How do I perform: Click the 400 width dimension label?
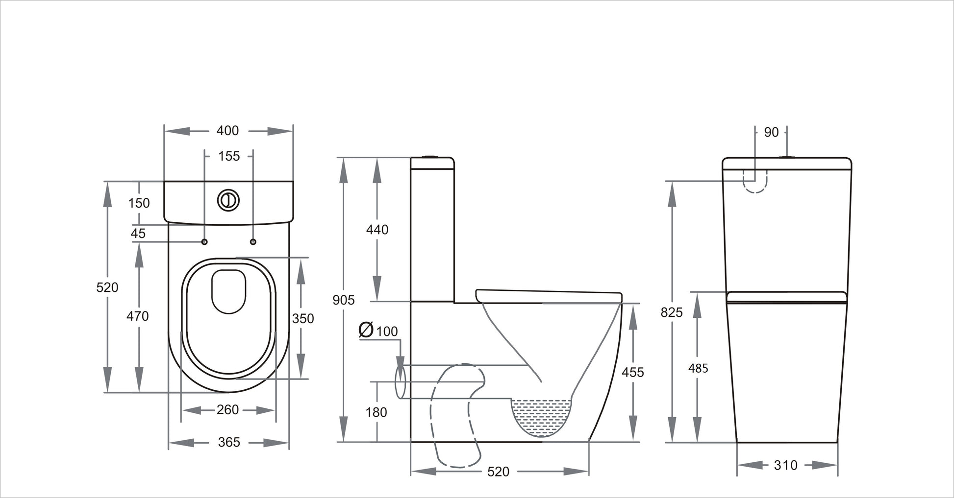pyautogui.click(x=227, y=131)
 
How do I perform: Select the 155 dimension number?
pyautogui.click(x=229, y=156)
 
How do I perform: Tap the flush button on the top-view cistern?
pyautogui.click(x=228, y=200)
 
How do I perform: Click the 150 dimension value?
pyautogui.click(x=139, y=203)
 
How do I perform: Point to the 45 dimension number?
pyautogui.click(x=138, y=234)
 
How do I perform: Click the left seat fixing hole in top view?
pyautogui.click(x=204, y=242)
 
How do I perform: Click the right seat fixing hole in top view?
pyautogui.click(x=253, y=242)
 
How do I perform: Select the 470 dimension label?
pyautogui.click(x=137, y=316)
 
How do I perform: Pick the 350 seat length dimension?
pyautogui.click(x=303, y=319)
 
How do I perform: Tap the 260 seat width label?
pyautogui.click(x=227, y=410)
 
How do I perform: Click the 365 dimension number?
pyautogui.click(x=229, y=443)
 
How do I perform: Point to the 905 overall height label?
pyautogui.click(x=343, y=300)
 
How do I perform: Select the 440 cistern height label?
pyautogui.click(x=377, y=230)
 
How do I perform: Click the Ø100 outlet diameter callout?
pyautogui.click(x=378, y=331)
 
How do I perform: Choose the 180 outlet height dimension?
pyautogui.click(x=376, y=413)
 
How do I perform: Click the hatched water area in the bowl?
pyautogui.click(x=541, y=416)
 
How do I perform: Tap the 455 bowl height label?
pyautogui.click(x=632, y=373)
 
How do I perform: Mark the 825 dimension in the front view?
pyautogui.click(x=671, y=312)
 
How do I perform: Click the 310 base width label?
pyautogui.click(x=785, y=465)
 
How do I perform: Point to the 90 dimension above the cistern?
pyautogui.click(x=771, y=132)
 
